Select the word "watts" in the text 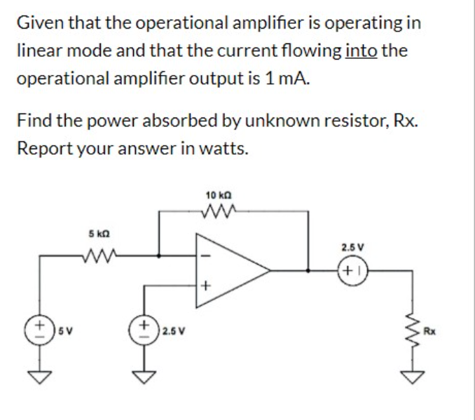tap(223, 149)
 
